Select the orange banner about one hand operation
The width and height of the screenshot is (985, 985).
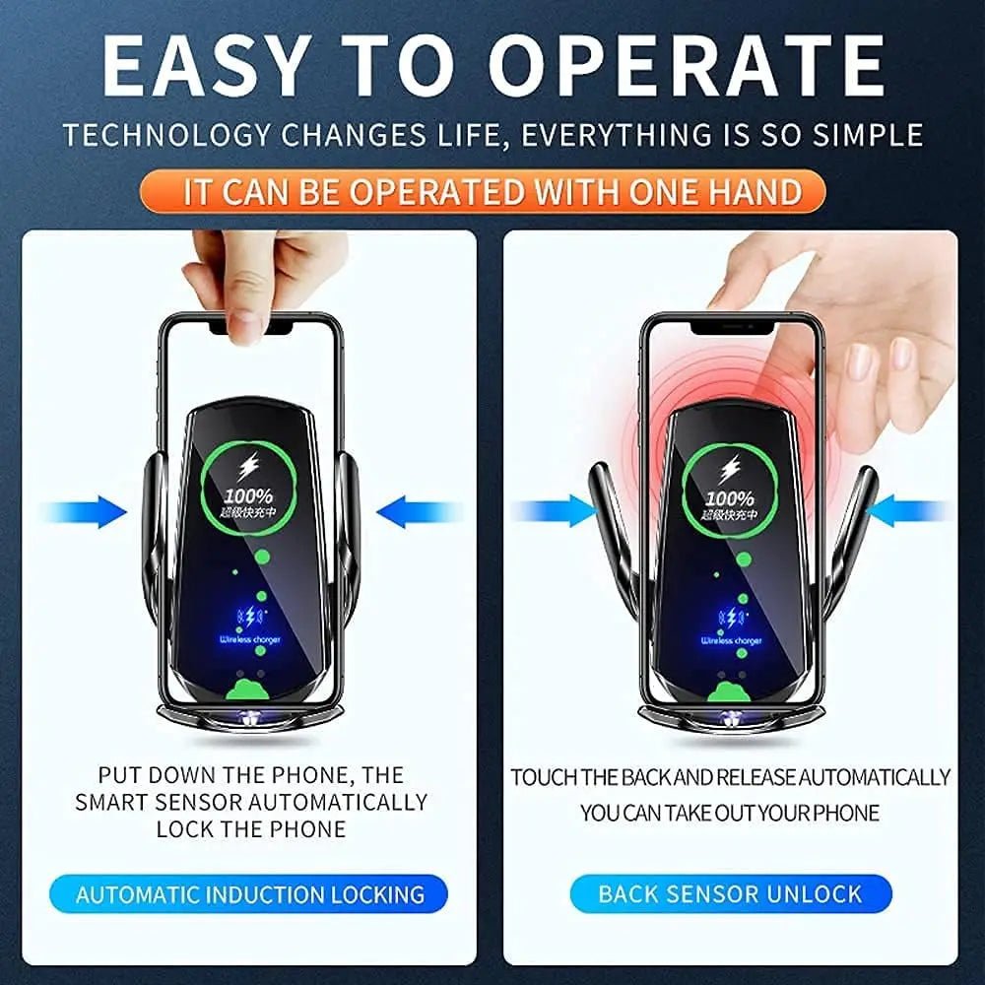[492, 191]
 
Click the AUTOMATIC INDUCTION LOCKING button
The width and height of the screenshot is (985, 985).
[250, 894]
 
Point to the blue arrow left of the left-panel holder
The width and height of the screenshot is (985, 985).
[89, 511]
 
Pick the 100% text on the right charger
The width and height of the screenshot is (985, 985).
[729, 498]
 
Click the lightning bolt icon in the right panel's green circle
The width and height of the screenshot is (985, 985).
[730, 468]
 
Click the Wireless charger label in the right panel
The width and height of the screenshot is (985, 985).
[731, 641]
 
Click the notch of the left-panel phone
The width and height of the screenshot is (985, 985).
[251, 323]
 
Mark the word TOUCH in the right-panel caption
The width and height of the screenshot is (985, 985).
[543, 777]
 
